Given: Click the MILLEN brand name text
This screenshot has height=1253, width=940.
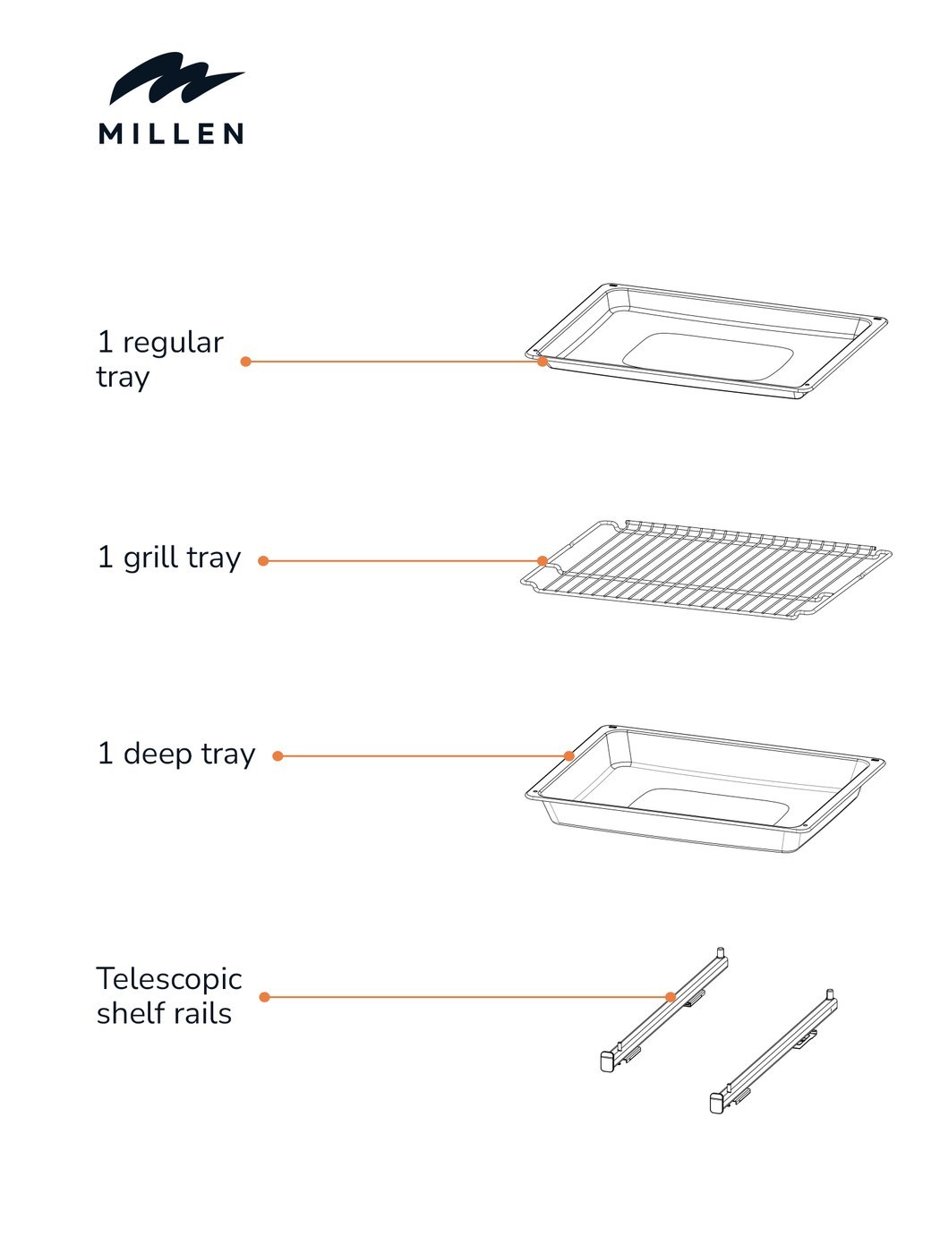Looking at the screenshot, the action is [171, 133].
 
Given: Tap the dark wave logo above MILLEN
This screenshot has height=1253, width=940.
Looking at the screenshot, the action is [177, 78].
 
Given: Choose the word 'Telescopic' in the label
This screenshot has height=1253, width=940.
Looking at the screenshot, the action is [169, 979].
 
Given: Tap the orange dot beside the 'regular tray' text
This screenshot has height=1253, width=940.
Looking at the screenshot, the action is [246, 362].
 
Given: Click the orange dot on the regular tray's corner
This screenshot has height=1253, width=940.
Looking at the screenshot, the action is [543, 362].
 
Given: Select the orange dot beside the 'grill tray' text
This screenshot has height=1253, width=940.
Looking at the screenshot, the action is [263, 561].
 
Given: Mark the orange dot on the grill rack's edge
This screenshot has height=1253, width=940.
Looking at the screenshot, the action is [543, 561].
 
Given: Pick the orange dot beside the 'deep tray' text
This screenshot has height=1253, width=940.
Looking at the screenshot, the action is [278, 756].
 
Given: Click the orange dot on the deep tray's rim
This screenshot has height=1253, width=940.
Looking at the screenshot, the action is [568, 756].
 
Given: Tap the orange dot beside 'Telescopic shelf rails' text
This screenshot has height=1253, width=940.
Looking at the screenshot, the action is [264, 997].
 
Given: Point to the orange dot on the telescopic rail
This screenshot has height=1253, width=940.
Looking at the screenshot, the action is [671, 997].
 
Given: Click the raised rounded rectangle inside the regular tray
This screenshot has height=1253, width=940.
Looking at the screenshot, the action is [708, 357].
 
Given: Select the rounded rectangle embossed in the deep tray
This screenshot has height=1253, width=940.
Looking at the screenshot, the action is [709, 805].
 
